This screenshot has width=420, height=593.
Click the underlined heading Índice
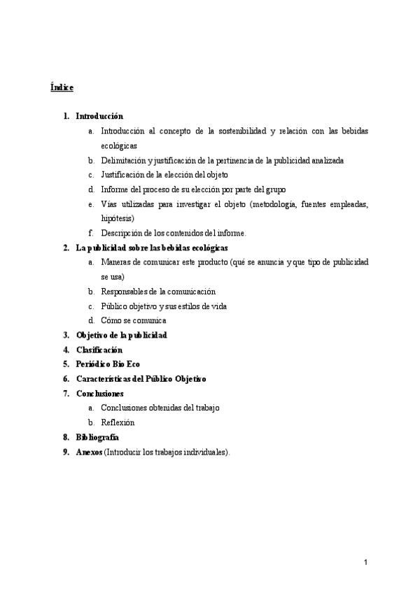(62, 87)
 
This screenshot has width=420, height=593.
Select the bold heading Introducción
(99, 116)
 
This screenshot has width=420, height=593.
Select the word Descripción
(122, 233)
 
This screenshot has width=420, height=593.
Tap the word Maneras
(116, 262)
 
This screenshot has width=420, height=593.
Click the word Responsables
(127, 291)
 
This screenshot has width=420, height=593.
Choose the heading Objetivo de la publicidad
(121, 335)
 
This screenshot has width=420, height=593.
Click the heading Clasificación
(99, 350)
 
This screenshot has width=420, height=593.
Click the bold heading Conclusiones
(99, 394)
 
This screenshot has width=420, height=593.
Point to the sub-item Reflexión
(118, 422)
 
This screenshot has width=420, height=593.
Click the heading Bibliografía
(97, 437)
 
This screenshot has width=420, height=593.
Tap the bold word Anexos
(89, 452)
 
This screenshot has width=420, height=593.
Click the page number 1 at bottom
(365, 562)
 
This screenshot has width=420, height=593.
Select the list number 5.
(65, 364)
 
